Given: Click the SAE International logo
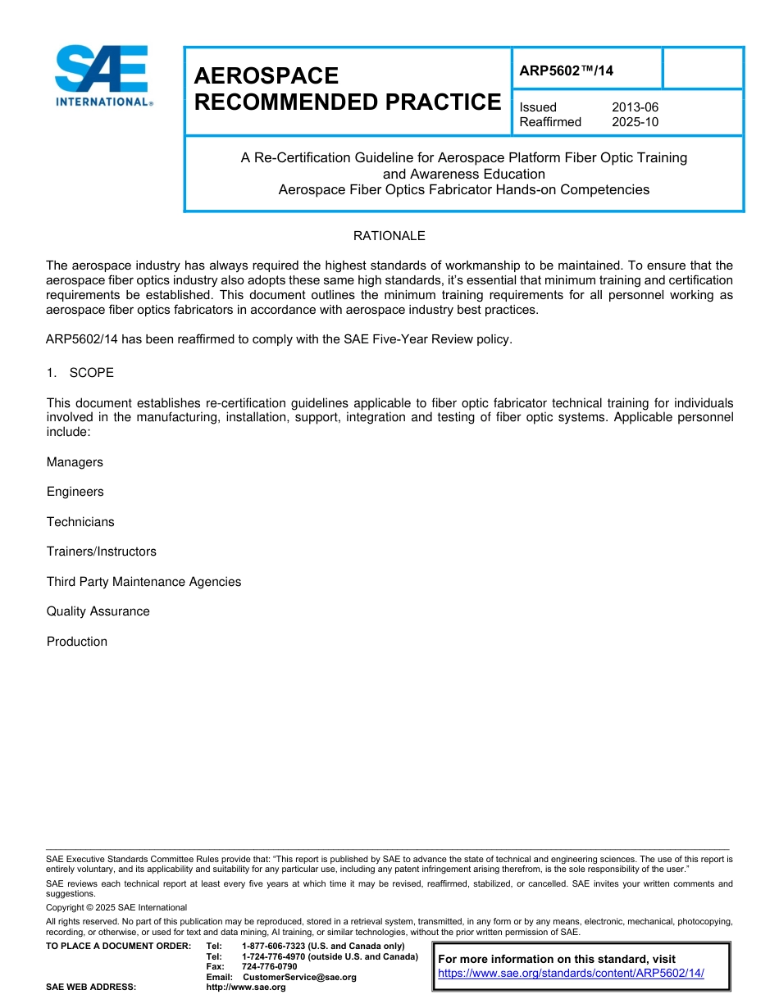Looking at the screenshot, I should tap(102, 75).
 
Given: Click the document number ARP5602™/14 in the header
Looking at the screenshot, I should tap(567, 70).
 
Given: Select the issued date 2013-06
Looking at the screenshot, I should tap(635, 107).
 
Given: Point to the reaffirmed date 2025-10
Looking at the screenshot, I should tap(635, 122).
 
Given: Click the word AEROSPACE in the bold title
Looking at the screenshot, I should tap(266, 76).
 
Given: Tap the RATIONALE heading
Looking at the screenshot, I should tap(389, 236).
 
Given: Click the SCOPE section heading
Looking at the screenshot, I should tap(91, 373).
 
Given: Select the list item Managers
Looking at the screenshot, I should tap(75, 462).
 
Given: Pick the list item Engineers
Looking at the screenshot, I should tap(75, 492).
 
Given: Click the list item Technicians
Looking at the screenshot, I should tap(80, 522).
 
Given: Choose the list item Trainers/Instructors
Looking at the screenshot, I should tap(101, 552).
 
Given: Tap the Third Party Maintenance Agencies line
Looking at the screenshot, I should tap(143, 582).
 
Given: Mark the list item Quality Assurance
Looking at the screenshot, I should tap(98, 611).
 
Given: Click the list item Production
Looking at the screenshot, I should tap(76, 642).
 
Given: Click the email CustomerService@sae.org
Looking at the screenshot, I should tap(299, 977).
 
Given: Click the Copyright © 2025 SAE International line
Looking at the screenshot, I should tap(116, 907).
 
